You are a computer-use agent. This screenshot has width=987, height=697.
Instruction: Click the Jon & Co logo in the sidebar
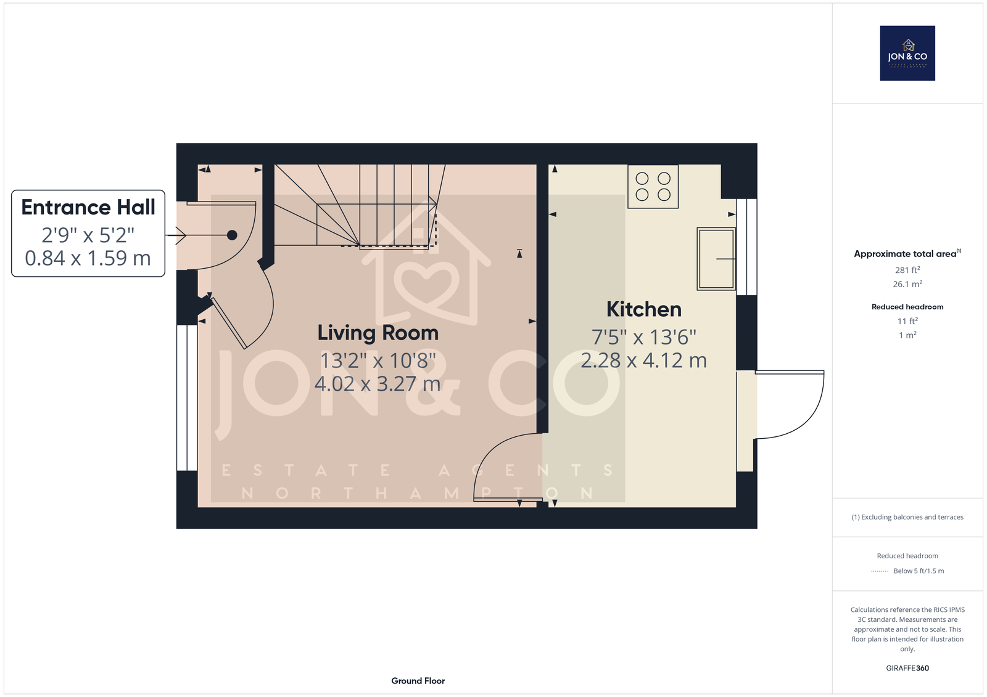(907, 53)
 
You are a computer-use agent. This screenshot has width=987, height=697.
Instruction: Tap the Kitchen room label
(644, 309)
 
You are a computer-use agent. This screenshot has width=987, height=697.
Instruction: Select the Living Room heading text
(378, 333)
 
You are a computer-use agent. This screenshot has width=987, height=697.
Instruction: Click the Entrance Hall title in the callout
(88, 208)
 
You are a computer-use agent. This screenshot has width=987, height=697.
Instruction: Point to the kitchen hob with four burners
(653, 186)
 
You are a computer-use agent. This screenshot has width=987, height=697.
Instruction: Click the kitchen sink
(716, 259)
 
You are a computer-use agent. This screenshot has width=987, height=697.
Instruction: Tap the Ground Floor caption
(418, 681)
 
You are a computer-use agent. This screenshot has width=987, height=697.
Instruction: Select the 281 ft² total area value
(907, 269)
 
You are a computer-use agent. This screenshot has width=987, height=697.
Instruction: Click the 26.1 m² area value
(907, 283)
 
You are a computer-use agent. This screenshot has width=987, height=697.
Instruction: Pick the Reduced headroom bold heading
(907, 307)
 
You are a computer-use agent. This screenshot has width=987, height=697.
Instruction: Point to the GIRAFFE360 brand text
(907, 668)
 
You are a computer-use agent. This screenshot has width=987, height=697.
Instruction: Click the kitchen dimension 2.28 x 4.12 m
(644, 361)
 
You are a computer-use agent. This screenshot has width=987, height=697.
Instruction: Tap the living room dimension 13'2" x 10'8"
(378, 361)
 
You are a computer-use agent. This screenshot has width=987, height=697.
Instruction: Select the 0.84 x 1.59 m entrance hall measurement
(88, 258)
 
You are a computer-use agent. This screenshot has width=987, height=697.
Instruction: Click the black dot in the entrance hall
(232, 235)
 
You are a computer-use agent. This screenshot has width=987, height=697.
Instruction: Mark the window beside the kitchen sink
(747, 247)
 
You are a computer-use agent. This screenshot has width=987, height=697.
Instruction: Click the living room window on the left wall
(187, 398)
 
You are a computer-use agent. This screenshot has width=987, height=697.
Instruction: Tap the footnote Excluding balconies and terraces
(907, 517)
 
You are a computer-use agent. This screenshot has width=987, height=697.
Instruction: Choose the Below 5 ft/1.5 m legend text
(919, 571)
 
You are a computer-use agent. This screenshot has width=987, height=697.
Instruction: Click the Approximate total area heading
(907, 254)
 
